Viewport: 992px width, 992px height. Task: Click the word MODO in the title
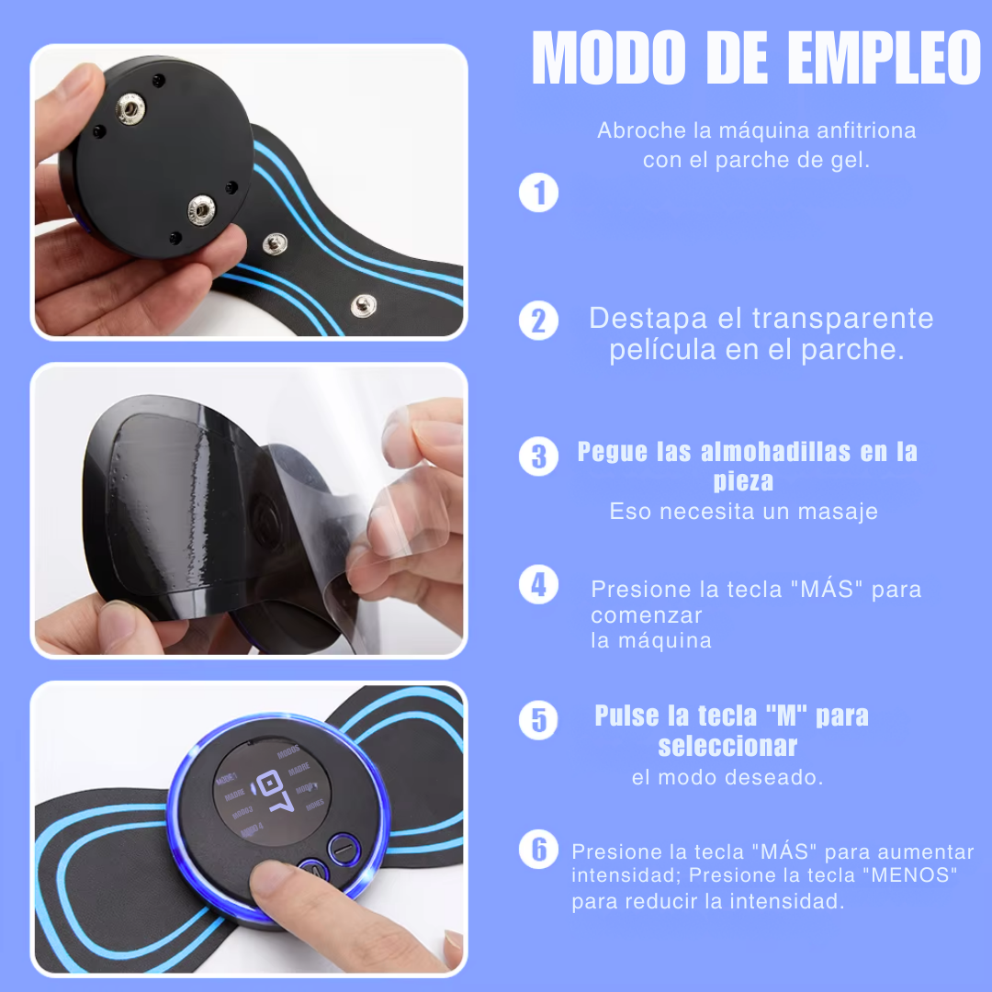pyautogui.click(x=609, y=58)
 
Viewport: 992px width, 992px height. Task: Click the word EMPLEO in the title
pyautogui.click(x=884, y=58)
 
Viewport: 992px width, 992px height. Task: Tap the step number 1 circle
pyautogui.click(x=538, y=192)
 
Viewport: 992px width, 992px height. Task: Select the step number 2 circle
pyautogui.click(x=538, y=321)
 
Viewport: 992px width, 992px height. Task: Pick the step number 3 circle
pyautogui.click(x=538, y=457)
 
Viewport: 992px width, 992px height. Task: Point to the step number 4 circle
pyautogui.click(x=538, y=584)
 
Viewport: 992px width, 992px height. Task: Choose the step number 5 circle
pyautogui.click(x=538, y=720)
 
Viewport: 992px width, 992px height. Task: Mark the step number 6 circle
pyautogui.click(x=538, y=849)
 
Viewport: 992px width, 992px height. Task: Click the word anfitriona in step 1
pyautogui.click(x=866, y=130)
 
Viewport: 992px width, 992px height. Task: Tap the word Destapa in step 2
pyautogui.click(x=648, y=319)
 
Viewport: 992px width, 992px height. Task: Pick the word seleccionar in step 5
pyautogui.click(x=727, y=747)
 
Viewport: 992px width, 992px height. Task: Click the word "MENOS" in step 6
pyautogui.click(x=914, y=875)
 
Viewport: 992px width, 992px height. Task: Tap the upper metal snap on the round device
pyautogui.click(x=131, y=108)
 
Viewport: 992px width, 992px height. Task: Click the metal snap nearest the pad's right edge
pyautogui.click(x=363, y=306)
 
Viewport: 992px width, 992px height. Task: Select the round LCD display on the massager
pyautogui.click(x=271, y=792)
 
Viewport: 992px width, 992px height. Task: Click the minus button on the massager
pyautogui.click(x=344, y=849)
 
